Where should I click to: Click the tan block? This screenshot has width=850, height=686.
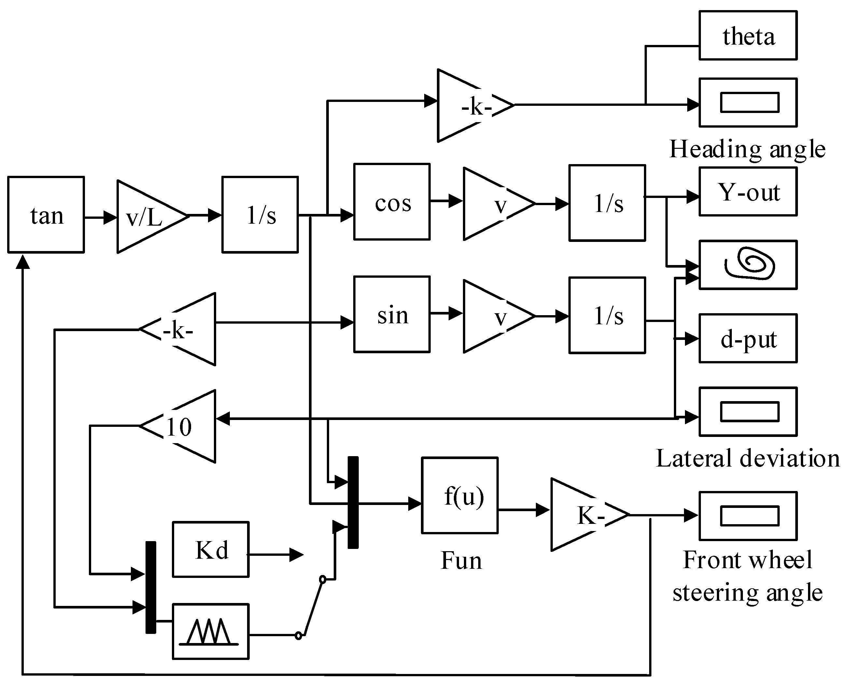[46, 215]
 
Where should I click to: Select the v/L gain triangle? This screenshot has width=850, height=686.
[146, 217]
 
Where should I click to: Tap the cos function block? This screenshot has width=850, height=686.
[392, 202]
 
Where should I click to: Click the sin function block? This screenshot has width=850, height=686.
[392, 314]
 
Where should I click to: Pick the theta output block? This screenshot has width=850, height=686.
[748, 35]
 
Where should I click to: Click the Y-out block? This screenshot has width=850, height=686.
[748, 192]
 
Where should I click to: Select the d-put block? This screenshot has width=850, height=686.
[748, 338]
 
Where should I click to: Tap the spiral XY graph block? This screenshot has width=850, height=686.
[748, 265]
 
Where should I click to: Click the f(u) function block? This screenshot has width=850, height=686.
[460, 496]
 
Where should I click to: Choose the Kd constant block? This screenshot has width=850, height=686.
[211, 549]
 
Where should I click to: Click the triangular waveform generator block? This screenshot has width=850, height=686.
[211, 632]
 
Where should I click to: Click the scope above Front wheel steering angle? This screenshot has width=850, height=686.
[748, 516]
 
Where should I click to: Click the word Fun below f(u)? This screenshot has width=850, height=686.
[461, 560]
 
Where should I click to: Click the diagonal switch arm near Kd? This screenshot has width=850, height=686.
[311, 607]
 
